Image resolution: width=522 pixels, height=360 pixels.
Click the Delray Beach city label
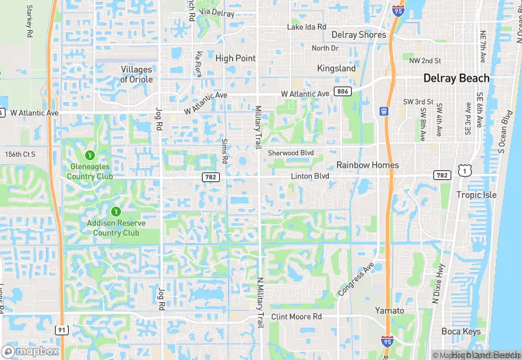(456, 78)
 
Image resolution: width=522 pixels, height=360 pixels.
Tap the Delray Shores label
(358, 35)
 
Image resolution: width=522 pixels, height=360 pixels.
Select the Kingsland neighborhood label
(337, 69)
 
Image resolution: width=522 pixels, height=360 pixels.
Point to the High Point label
(235, 58)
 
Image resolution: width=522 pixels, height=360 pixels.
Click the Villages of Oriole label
(137, 74)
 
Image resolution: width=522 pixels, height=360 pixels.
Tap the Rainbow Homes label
(367, 165)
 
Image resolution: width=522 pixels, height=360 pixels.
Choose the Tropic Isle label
(477, 194)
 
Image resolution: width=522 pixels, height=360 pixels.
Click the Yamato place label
(389, 311)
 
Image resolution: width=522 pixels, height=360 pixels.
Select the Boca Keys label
(462, 331)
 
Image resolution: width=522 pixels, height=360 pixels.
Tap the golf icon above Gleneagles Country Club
(89, 155)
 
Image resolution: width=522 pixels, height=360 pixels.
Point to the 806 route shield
(342, 91)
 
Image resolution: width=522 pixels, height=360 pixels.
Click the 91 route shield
(63, 330)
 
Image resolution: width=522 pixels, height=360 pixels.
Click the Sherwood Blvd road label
(290, 153)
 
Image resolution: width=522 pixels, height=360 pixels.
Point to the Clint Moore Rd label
(296, 317)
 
